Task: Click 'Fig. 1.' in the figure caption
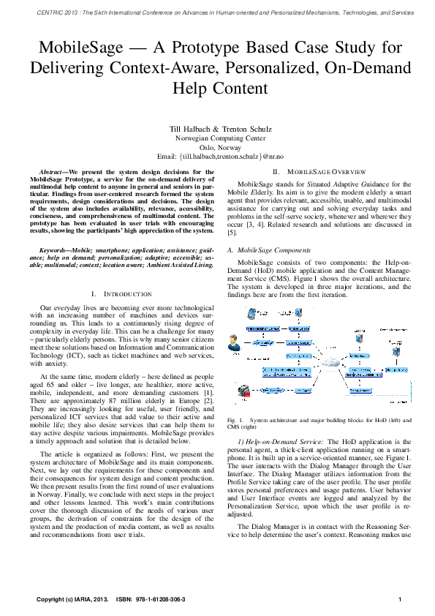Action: tap(235, 420)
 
